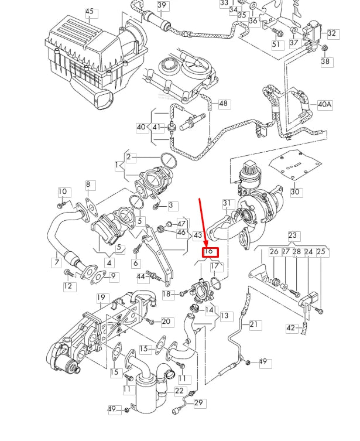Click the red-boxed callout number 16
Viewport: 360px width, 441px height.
209,252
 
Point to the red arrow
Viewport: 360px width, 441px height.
204,223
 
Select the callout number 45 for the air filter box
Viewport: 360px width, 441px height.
89,12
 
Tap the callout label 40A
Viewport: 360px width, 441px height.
324,104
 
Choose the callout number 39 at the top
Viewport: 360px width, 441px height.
162,5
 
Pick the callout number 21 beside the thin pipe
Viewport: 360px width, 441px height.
253,324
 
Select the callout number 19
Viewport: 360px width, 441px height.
101,298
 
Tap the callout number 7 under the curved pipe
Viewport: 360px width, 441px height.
57,263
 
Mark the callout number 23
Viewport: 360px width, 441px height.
292,236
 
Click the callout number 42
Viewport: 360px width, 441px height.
291,328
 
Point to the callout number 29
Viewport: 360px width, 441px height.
198,403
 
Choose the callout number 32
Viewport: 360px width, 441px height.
332,34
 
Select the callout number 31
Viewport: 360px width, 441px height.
227,203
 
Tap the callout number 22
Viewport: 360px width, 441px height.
179,391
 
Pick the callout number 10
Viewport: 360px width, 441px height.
63,192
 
